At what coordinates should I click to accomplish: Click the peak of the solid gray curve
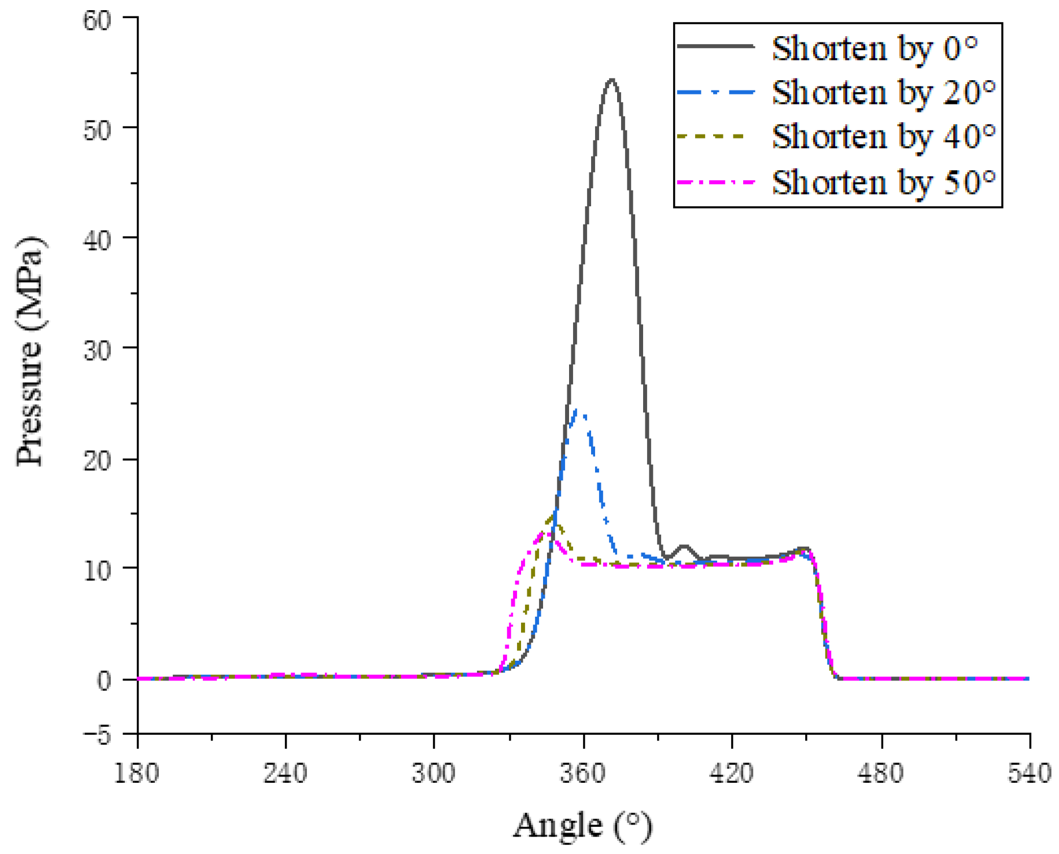[x=611, y=80]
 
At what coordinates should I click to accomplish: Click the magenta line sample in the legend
[x=716, y=183]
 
